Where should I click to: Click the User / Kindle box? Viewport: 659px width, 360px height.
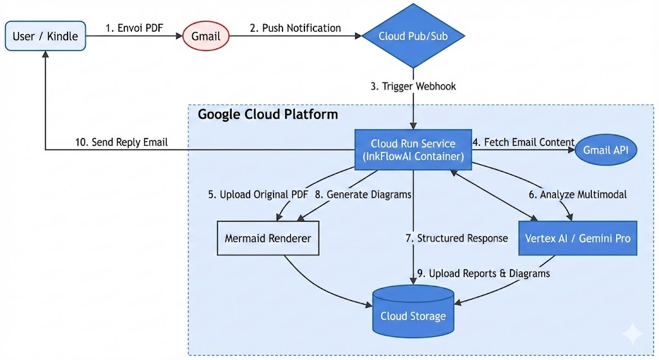pos(44,36)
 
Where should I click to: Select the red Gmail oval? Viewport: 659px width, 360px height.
pos(206,36)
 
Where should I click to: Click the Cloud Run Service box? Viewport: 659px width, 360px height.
pos(413,149)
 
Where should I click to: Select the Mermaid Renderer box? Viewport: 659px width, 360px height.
pos(268,238)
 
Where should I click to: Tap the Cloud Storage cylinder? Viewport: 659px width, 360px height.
pos(413,312)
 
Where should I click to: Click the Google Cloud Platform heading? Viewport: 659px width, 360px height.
pos(267,115)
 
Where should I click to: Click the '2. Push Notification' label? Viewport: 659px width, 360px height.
pos(295,28)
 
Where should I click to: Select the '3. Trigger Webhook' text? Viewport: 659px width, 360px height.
pos(413,86)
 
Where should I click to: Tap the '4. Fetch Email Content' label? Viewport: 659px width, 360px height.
pos(523,142)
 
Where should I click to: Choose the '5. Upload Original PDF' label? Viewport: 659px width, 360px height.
pos(257,194)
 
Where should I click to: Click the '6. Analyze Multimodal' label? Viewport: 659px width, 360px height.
pos(576,194)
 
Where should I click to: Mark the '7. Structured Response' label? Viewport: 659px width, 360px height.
pos(456,238)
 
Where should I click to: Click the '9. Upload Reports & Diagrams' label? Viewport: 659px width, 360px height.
pos(483,273)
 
